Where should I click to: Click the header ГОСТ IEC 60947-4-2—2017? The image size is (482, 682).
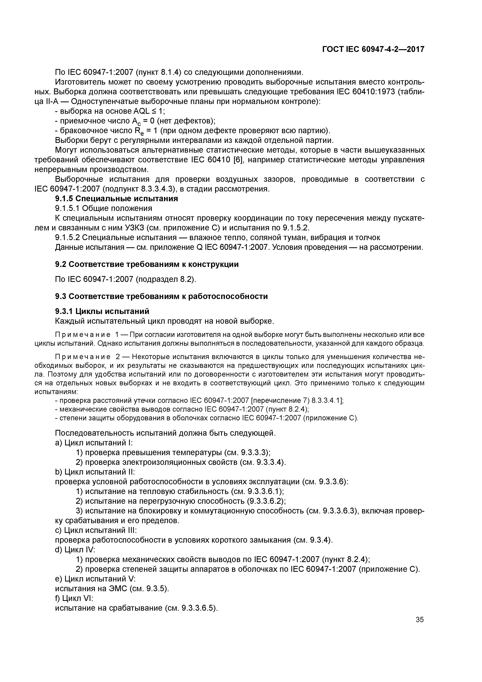(x=373, y=49)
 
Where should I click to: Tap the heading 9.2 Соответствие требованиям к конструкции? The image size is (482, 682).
(x=147, y=264)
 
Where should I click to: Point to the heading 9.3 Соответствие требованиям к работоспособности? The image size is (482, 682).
(x=161, y=296)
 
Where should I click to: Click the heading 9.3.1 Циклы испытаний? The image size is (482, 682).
(x=102, y=311)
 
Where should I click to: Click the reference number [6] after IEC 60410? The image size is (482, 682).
(x=239, y=160)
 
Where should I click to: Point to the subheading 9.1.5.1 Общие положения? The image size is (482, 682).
(x=104, y=208)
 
